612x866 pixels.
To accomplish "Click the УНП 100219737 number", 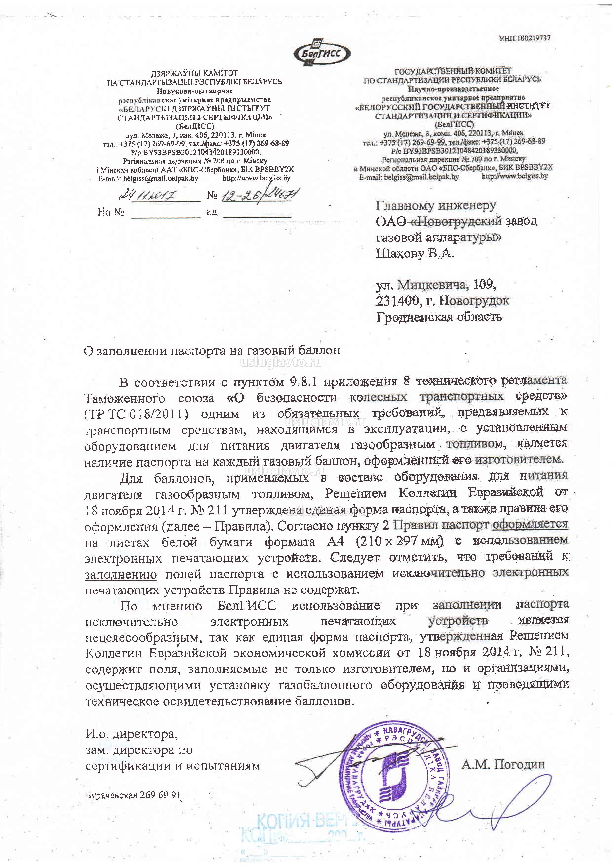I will pos(525,38).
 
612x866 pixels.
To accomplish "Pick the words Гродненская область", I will pos(439,317).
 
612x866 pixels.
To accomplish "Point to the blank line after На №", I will pos(166,213).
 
